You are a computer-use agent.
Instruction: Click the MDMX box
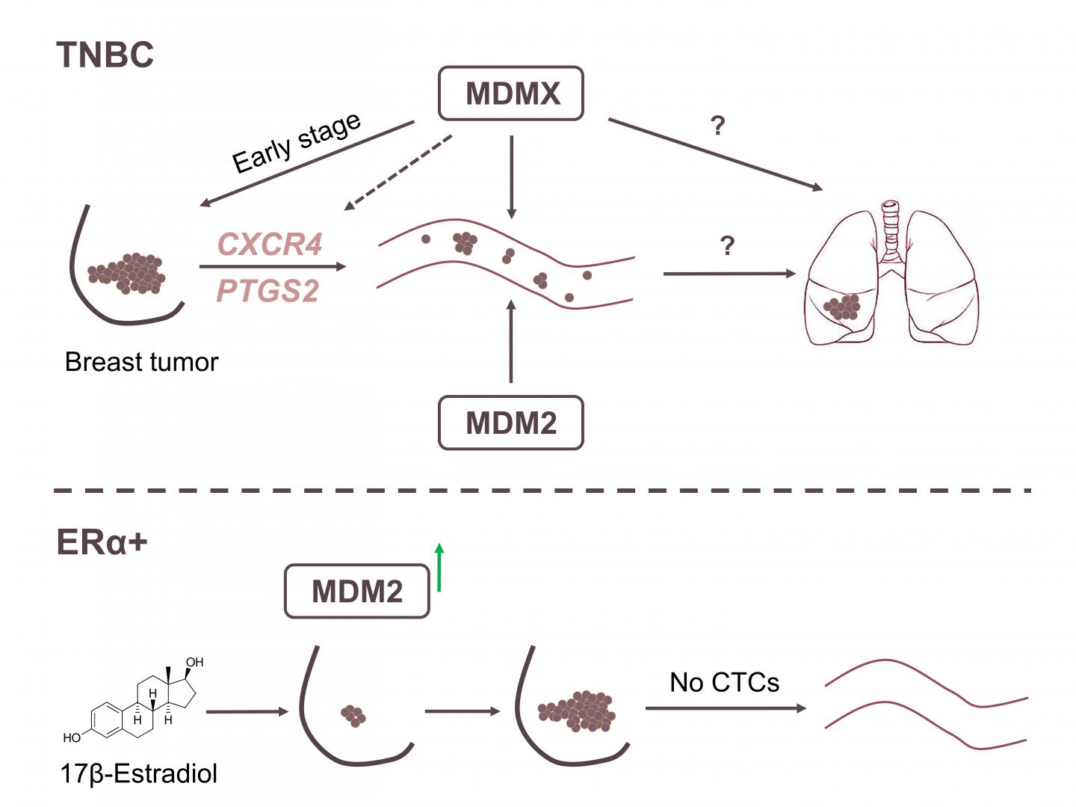[x=510, y=93]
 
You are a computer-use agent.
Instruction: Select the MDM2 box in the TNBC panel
[x=510, y=423]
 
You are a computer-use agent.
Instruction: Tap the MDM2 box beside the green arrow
[x=356, y=592]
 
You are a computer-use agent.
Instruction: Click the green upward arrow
[x=439, y=568]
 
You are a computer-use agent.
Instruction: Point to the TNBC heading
[x=105, y=55]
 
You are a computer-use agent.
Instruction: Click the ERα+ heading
[x=102, y=541]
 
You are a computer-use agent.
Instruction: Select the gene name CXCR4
[x=270, y=244]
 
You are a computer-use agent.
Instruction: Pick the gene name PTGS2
[x=268, y=291]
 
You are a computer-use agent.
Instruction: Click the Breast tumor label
[x=141, y=362]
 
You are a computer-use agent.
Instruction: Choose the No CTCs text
[x=724, y=682]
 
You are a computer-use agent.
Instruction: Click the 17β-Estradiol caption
[x=138, y=773]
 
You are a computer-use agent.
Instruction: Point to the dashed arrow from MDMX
[x=398, y=173]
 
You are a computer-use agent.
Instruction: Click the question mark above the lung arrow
[x=727, y=245]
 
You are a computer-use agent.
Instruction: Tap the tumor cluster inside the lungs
[x=842, y=307]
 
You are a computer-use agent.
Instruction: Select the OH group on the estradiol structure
[x=194, y=662]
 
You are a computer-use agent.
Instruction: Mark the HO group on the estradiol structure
[x=72, y=737]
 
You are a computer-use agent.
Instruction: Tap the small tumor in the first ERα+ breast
[x=353, y=716]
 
